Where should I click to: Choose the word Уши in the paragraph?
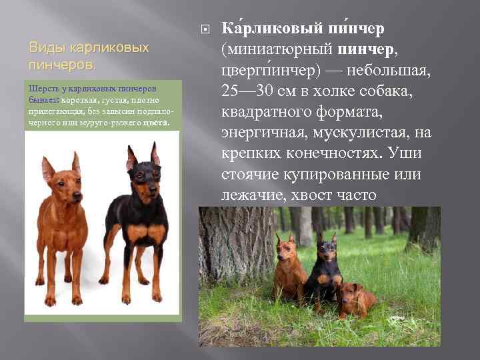(411, 153)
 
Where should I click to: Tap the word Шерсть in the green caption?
(41, 89)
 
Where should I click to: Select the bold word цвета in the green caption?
(157, 123)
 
